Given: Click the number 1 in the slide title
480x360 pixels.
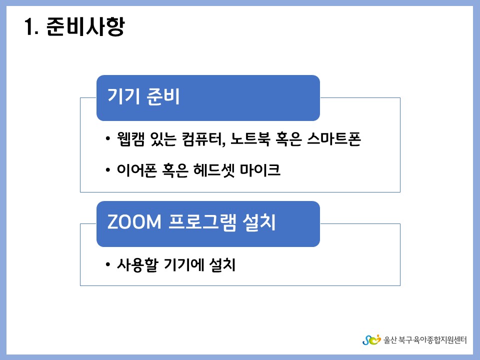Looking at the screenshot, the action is coord(29,26).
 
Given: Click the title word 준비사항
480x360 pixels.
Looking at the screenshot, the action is coord(85,26).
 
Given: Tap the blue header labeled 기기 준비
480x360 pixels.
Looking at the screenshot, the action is coord(208,97).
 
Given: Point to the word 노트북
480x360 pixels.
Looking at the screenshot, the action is coord(250,139).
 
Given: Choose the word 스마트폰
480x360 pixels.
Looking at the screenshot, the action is coord(334,139).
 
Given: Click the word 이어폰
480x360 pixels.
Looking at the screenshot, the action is coord(137,170).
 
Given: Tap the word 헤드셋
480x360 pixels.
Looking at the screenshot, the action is coord(214,170).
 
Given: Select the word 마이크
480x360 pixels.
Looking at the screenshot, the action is coord(260,170).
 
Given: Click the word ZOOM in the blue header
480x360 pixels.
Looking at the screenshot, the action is coord(134,221).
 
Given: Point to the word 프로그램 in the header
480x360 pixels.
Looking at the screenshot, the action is coord(202,221).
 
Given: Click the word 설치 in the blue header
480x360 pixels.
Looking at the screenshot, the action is coord(259,221).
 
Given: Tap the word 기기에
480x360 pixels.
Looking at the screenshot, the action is coord(183,265).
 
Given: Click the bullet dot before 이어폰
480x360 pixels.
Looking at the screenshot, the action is coord(107,169).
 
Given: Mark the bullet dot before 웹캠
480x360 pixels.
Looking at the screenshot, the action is coord(107,138).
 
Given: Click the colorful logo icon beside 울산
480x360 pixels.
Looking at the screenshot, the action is coord(371,340).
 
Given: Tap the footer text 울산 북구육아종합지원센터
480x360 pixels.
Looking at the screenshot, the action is coord(425,340).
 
